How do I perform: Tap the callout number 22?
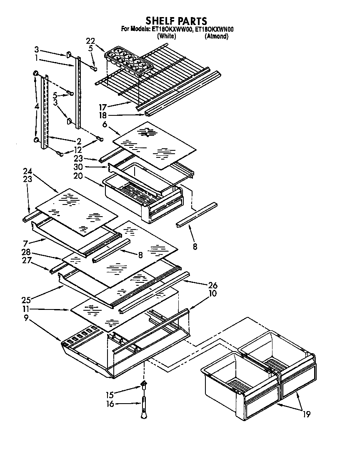90,41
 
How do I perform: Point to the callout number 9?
26,318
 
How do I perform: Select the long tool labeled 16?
144,406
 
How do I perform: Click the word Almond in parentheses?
216,36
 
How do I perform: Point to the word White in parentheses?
166,36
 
